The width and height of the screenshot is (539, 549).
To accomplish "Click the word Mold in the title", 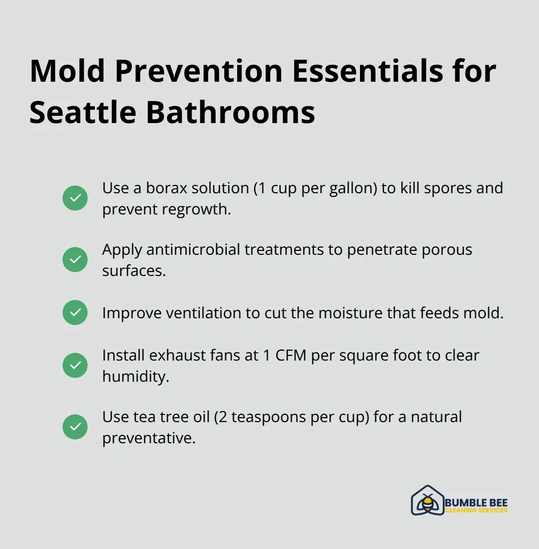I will point(67,71).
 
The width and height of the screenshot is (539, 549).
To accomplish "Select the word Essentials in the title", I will point(367,71).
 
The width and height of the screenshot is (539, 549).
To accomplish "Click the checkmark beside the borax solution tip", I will point(75,198).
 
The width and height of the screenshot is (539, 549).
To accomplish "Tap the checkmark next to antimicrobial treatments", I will point(75,260).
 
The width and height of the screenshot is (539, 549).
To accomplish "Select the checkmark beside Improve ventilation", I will point(75,312).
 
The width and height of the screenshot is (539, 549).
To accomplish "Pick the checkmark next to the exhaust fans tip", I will point(75,365).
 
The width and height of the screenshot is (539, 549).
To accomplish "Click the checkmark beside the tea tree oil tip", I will point(75,427).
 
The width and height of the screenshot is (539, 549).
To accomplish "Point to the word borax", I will point(167,188).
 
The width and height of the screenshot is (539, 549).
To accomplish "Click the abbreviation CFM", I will point(291,355).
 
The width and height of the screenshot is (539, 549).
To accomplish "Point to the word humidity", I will point(135,376).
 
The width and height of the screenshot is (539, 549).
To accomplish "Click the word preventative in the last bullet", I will point(149,438).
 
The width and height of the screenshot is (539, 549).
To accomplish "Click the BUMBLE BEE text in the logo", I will point(476,502).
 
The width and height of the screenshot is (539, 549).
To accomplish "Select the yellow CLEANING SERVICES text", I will point(476,511).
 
